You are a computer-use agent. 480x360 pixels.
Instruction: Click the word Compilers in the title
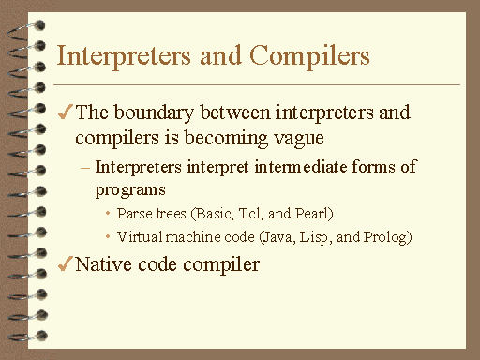click(315, 57)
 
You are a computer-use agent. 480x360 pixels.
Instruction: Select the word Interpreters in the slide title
click(117, 55)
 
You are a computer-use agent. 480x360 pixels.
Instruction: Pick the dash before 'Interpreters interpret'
click(86, 168)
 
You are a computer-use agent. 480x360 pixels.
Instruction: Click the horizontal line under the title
click(258, 85)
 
